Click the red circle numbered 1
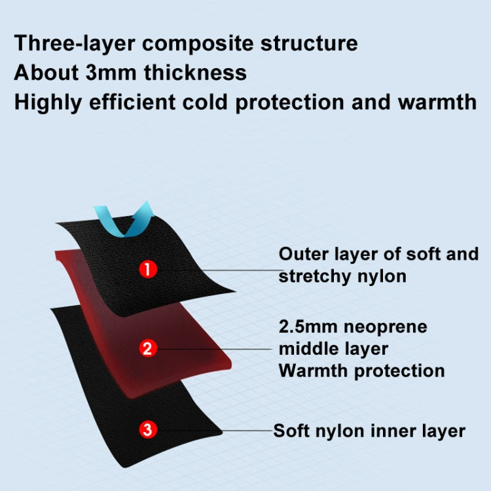(x=148, y=269)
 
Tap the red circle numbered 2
(x=148, y=348)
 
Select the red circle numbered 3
(x=148, y=429)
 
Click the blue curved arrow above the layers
(x=124, y=221)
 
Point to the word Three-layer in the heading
(x=75, y=43)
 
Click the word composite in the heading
(x=197, y=44)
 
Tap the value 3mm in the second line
(x=111, y=73)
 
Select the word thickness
(x=195, y=73)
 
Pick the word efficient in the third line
(x=132, y=102)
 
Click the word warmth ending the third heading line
(x=437, y=102)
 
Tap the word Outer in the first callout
(x=303, y=253)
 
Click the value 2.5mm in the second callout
(x=308, y=327)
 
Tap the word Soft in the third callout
(x=291, y=431)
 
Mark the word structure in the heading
(x=309, y=44)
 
